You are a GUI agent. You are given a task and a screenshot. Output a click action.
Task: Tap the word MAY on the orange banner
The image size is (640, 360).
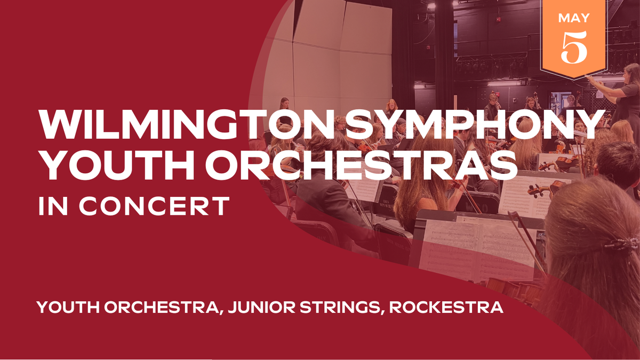tap(574, 18)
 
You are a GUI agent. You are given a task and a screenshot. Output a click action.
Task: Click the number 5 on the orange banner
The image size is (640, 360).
tap(574, 46)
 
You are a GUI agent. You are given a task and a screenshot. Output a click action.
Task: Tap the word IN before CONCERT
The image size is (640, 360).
tap(49, 206)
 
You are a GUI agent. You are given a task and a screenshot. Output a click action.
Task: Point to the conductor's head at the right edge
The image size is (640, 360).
tap(631, 74)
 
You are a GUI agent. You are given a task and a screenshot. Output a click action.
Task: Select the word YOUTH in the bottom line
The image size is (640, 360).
tap(67, 308)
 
